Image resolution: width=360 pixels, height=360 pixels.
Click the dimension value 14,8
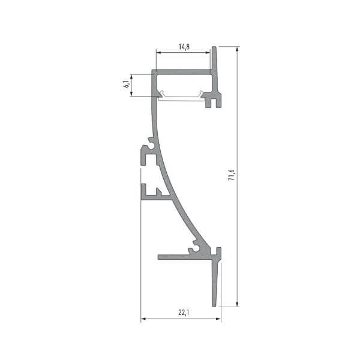coord(184,47)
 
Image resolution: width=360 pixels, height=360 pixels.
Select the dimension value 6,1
coord(127,85)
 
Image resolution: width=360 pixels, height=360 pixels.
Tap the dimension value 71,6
coord(232,175)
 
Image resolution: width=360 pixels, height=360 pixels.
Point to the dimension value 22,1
coord(184,312)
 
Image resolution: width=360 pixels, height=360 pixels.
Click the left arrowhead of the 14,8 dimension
coord(158,53)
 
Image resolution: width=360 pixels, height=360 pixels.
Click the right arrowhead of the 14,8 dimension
coord(208,53)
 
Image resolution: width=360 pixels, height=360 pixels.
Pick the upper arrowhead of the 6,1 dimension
coord(131,76)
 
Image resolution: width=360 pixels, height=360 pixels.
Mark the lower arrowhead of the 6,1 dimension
coord(131,94)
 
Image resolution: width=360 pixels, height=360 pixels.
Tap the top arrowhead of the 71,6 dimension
coord(238,49)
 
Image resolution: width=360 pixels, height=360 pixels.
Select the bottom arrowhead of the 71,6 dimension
coord(238,304)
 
